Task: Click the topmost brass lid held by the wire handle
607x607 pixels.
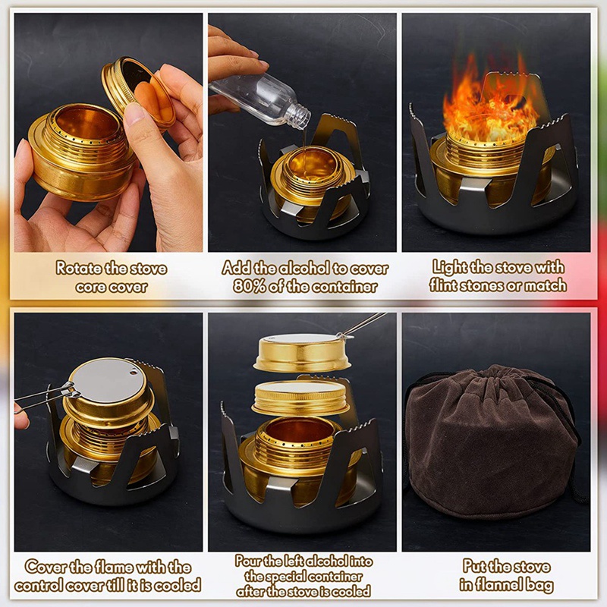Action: click(x=301, y=353)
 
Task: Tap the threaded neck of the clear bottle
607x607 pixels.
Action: click(x=298, y=117)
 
